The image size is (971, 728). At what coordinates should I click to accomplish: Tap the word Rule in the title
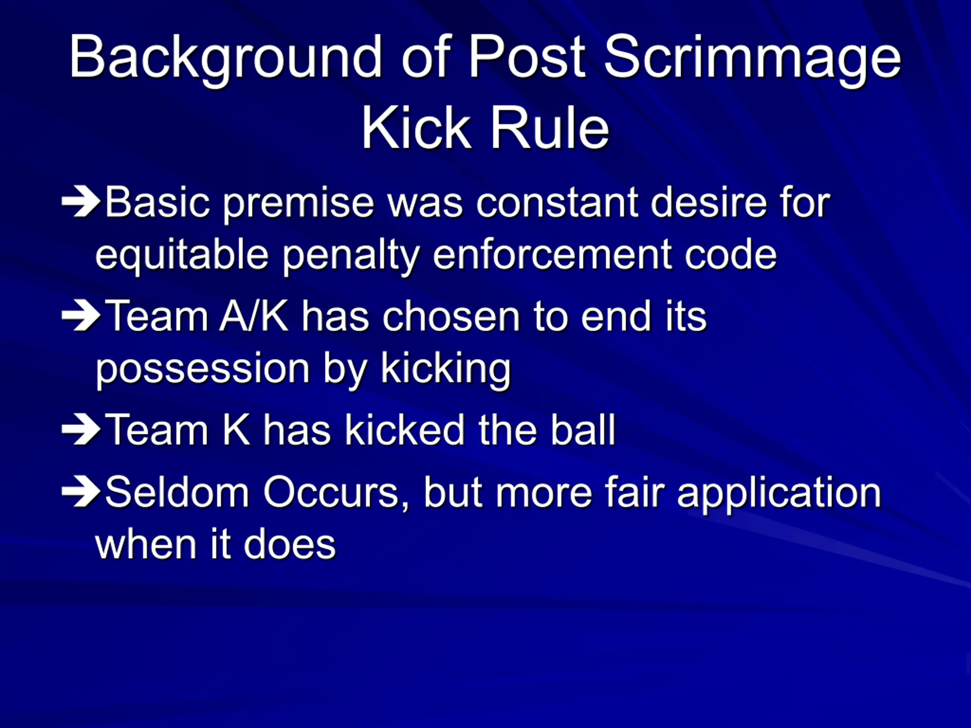pyautogui.click(x=550, y=129)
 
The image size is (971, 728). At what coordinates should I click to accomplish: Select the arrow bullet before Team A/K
pyautogui.click(x=82, y=315)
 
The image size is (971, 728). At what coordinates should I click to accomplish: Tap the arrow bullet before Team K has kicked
pyautogui.click(x=82, y=429)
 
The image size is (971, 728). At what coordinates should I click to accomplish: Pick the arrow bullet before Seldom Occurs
pyautogui.click(x=82, y=491)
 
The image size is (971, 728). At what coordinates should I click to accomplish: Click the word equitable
pyautogui.click(x=182, y=256)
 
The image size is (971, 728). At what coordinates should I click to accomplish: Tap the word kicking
pyautogui.click(x=446, y=369)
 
